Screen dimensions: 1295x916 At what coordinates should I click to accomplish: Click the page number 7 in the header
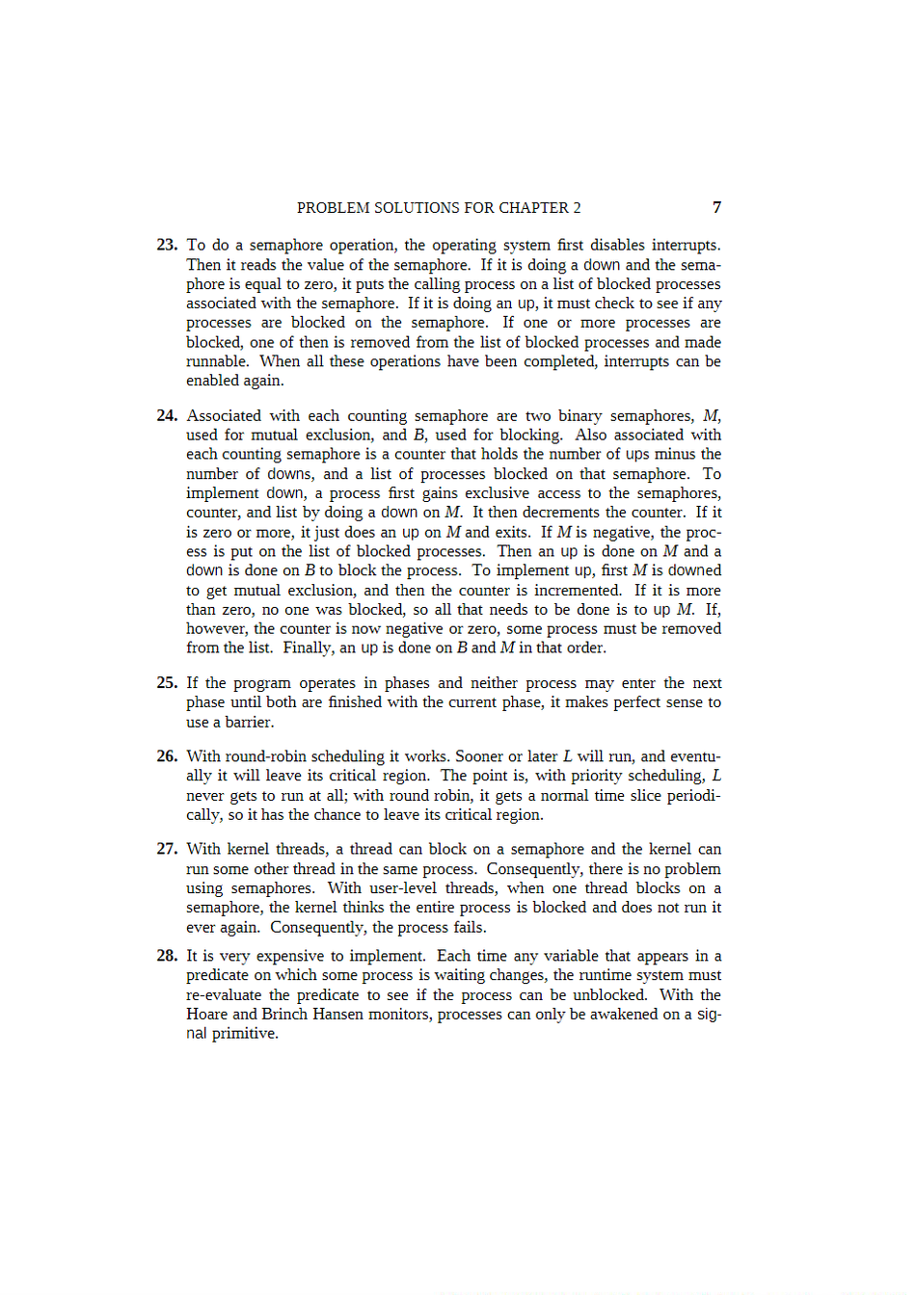716,207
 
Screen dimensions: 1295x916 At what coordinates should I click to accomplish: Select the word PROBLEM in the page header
334,208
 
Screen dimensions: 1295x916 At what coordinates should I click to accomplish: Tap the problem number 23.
167,245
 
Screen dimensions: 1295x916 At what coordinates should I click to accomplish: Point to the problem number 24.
167,415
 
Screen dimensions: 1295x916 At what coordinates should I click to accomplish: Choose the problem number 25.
167,682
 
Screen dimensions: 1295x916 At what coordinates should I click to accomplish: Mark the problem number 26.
167,756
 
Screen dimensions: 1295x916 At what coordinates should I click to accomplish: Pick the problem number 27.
167,849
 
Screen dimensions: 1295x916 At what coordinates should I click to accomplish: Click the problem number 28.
167,956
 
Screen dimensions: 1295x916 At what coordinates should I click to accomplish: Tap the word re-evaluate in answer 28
224,994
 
